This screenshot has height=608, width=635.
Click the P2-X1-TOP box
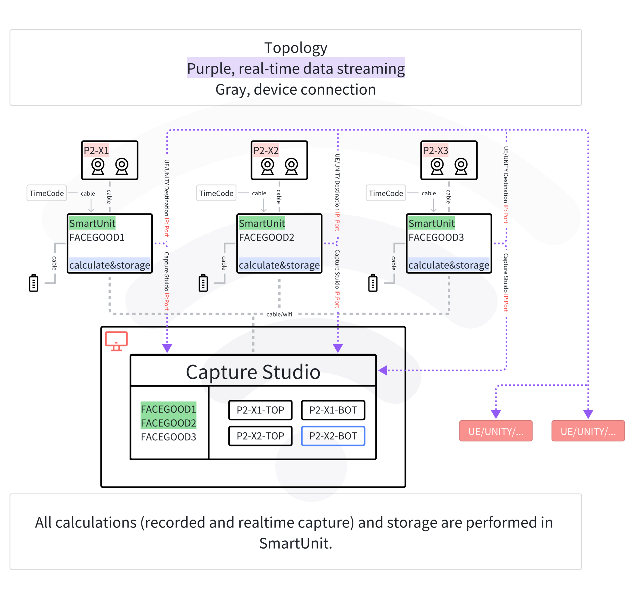pos(260,410)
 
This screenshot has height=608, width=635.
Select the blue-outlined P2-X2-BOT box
pos(333,436)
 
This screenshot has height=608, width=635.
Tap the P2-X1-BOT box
pos(333,410)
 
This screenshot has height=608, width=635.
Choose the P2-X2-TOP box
pos(260,436)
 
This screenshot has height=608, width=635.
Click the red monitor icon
pos(116,341)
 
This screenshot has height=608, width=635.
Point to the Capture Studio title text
pos(253,372)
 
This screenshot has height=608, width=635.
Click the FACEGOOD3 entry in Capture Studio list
pos(169,437)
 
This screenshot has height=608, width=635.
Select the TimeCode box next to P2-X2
pos(216,194)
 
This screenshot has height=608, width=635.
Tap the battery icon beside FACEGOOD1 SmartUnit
pos(34,283)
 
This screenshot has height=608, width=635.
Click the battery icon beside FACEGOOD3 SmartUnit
pos(373,283)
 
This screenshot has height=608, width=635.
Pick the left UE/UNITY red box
pos(496,431)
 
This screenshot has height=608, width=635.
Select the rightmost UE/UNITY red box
pos(588,431)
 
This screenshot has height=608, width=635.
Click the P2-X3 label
pos(435,150)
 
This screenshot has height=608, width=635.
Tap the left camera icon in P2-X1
pos(98,166)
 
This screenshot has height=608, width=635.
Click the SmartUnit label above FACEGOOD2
pos(262,223)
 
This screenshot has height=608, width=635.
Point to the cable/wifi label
pos(279,314)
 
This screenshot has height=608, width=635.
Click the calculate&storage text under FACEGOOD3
pos(449,265)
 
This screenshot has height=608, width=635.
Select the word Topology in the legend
pos(295,48)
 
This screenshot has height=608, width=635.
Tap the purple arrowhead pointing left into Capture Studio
pos(383,370)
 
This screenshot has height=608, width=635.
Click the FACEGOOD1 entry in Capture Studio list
pos(169,409)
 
